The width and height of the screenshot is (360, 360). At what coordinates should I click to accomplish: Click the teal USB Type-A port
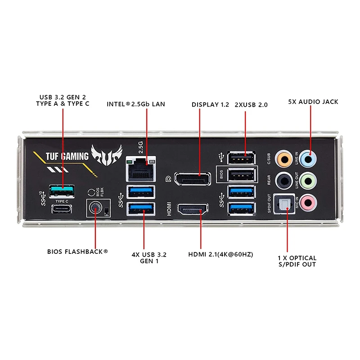(62, 191)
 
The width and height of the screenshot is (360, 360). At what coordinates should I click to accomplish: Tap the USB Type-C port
(62, 209)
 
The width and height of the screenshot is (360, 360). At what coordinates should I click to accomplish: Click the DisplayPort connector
(192, 179)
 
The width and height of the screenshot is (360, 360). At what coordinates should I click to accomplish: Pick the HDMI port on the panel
(192, 210)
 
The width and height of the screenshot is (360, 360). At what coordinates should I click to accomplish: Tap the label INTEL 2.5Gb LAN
(136, 104)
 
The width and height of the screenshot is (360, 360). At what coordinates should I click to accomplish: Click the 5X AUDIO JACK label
(313, 102)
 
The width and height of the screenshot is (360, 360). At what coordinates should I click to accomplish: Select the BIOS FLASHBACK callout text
(77, 252)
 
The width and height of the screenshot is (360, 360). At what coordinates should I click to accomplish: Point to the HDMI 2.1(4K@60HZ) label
(220, 254)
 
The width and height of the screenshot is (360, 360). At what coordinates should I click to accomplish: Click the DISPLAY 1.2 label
(210, 104)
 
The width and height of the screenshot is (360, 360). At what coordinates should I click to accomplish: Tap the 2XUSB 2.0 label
(251, 104)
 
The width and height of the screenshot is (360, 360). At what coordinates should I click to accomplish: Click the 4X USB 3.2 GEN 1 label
(149, 257)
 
